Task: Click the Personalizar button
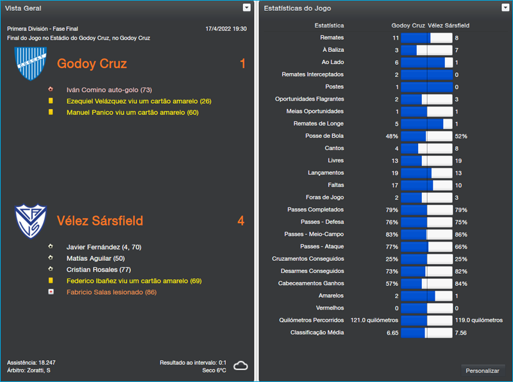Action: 482,370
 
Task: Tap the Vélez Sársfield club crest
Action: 31,220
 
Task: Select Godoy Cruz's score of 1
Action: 242,63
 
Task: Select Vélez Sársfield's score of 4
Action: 240,220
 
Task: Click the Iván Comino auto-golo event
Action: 109,90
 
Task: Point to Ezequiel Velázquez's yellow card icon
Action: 51,101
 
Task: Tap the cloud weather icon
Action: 240,366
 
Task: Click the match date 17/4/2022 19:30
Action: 226,29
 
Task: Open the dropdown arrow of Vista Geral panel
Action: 247,8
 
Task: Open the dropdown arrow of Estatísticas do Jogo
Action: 504,8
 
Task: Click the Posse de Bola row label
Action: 324,136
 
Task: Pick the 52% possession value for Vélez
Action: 461,137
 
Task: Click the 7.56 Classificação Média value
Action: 461,333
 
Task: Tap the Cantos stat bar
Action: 426,149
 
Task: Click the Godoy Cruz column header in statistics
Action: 408,26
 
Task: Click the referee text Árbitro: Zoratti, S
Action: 29,370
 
